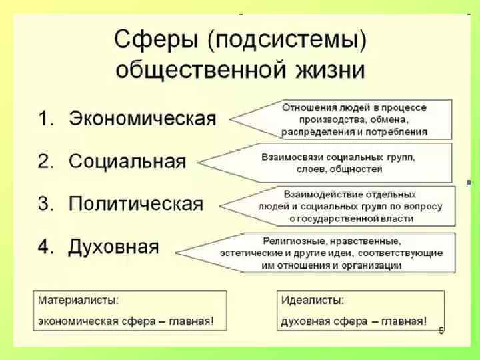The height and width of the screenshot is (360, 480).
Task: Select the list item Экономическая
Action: click(x=143, y=119)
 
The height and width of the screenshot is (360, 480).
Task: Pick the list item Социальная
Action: click(x=127, y=161)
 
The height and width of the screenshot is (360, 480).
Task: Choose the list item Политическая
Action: click(x=136, y=203)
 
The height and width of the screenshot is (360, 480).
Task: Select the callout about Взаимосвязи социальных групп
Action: click(x=337, y=162)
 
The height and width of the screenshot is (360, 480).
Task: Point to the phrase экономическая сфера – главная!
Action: click(x=126, y=321)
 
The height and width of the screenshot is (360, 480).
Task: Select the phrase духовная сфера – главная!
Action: click(x=354, y=321)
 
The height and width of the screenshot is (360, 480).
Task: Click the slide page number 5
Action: click(x=441, y=331)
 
